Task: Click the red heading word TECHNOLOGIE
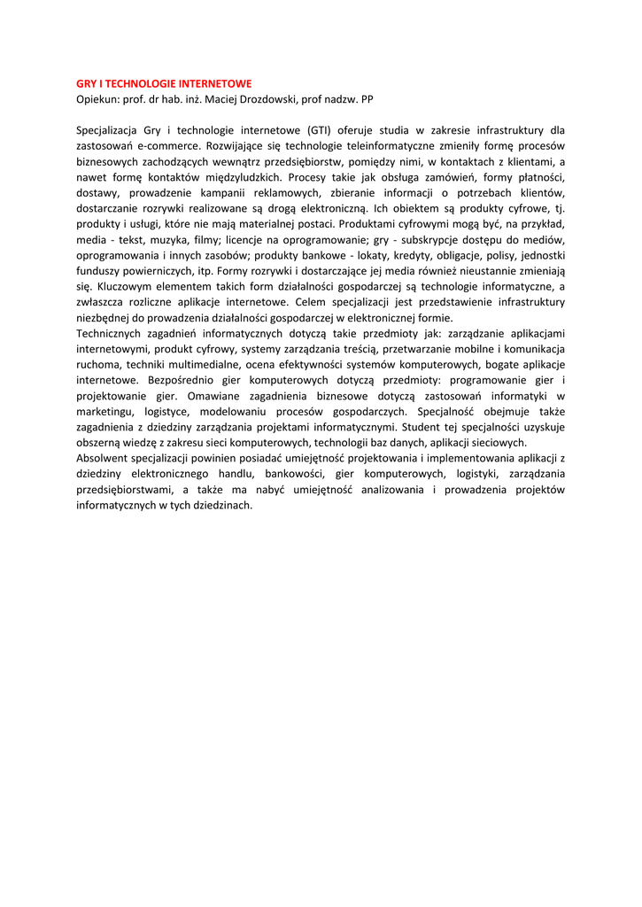click(x=145, y=82)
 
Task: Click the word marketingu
click(x=103, y=411)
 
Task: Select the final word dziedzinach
click(x=222, y=505)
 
